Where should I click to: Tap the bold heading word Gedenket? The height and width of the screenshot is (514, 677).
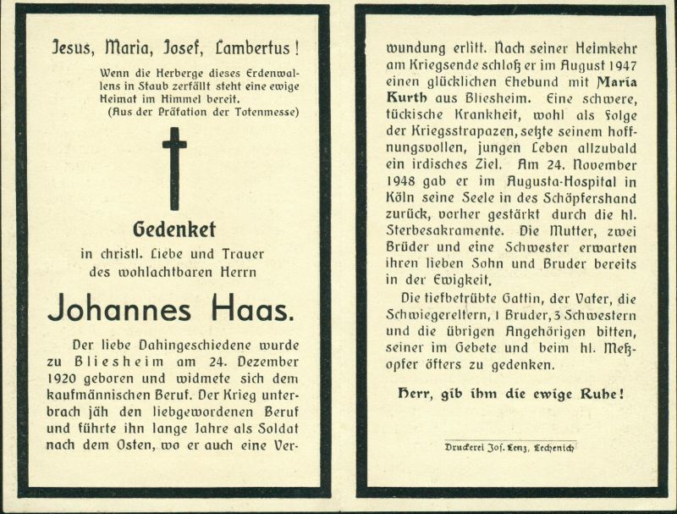tap(174, 229)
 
